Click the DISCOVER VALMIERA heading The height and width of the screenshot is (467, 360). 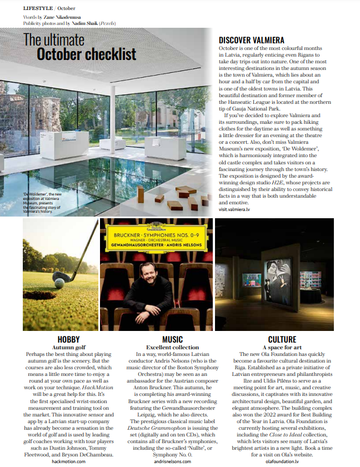pos(252,41)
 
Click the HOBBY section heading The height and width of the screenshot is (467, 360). pos(68,339)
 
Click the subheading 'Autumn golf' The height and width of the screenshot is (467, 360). pos(68,347)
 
